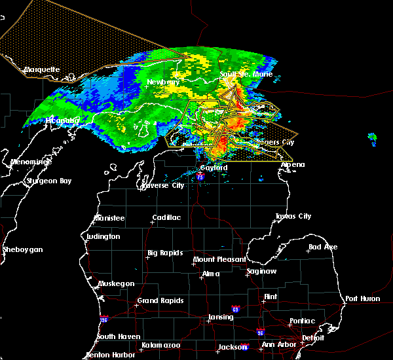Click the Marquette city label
[42, 69]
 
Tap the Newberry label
[163, 82]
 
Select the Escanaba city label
[62, 120]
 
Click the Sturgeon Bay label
[48, 181]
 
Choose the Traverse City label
[163, 186]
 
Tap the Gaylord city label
[214, 168]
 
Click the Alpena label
[293, 164]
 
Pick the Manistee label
[109, 217]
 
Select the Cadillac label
[166, 217]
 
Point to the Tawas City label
[293, 216]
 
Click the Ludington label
[103, 236]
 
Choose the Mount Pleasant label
[217, 260]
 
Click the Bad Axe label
[323, 247]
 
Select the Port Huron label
[362, 298]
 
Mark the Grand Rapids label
[159, 301]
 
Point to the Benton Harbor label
[111, 355]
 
